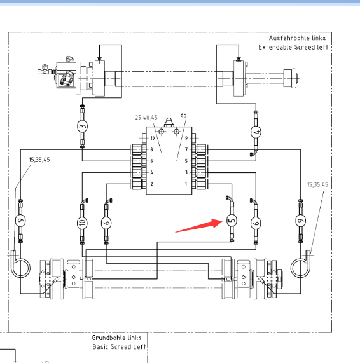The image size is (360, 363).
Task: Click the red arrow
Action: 199,226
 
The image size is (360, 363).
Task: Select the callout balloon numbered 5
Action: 232,220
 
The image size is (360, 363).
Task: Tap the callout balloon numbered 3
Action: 82,126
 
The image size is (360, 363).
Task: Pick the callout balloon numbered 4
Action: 256,132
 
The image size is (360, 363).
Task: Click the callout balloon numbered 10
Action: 82,223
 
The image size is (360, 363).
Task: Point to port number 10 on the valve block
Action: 153,138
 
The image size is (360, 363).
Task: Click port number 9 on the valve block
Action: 186,138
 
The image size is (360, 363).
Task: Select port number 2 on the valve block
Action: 152,184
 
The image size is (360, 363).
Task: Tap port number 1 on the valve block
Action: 186,184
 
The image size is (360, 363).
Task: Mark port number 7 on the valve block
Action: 186,149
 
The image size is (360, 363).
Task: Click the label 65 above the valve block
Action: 183,115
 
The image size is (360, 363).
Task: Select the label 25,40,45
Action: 146,118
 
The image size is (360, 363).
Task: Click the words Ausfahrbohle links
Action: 297,38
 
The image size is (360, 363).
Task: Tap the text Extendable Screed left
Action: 293,47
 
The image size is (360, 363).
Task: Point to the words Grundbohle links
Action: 116,338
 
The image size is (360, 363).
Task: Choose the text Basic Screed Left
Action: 119,347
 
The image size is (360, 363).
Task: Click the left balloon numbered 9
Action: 20,221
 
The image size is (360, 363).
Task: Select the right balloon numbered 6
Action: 256,223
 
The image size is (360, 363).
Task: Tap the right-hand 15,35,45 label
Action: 317,184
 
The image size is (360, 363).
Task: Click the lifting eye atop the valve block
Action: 169,122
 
